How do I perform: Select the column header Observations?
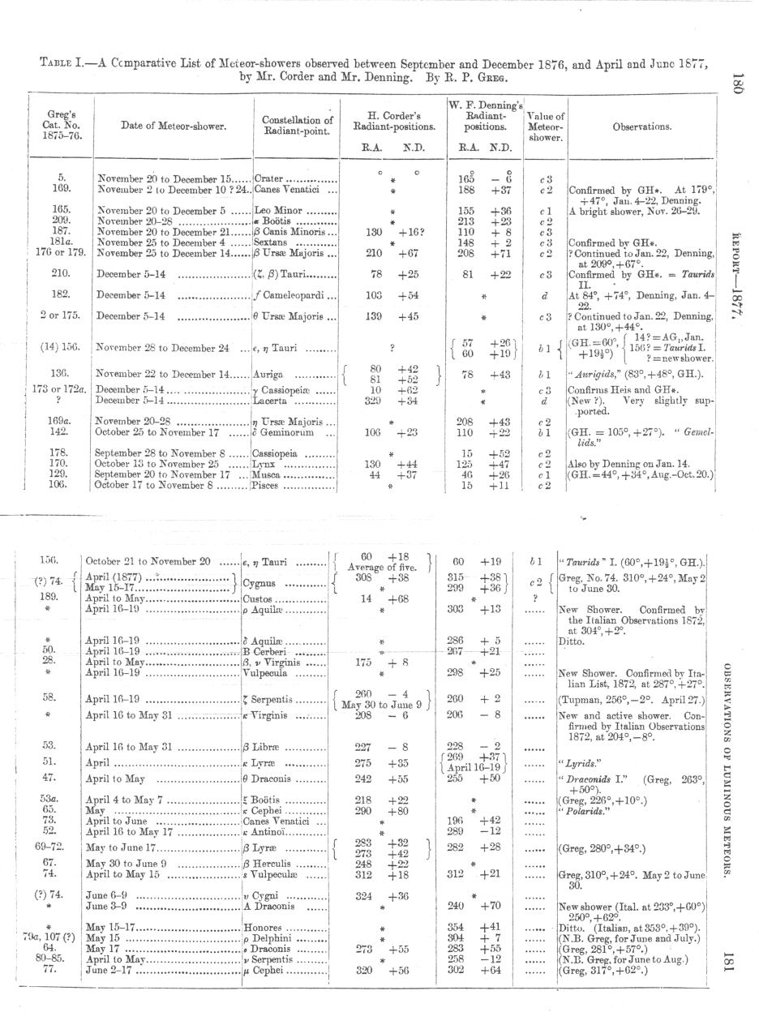pyautogui.click(x=641, y=127)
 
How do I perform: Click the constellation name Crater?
pyautogui.click(x=269, y=178)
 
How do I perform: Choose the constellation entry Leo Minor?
pyautogui.click(x=276, y=211)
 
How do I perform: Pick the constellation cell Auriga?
pyautogui.click(x=270, y=375)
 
